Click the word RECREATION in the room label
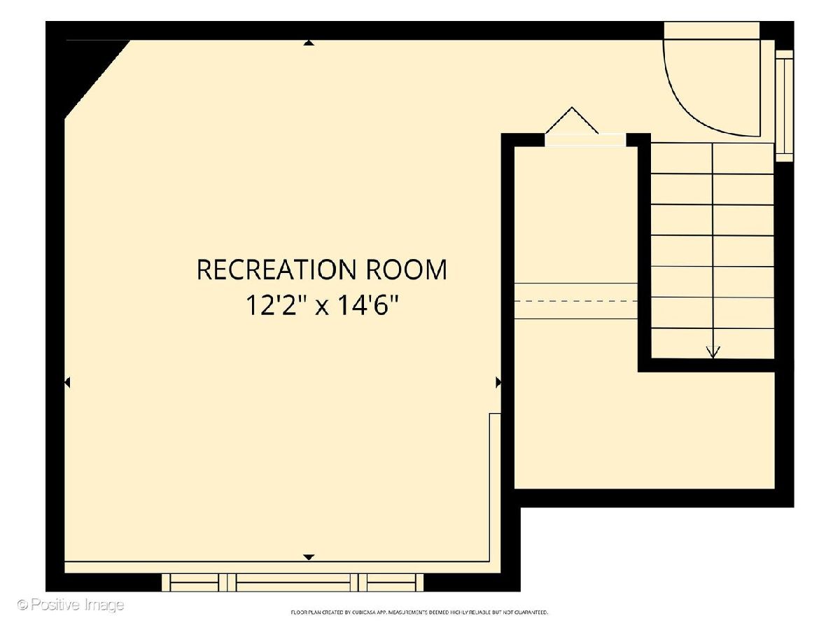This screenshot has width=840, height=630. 276,269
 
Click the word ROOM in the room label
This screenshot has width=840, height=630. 407,269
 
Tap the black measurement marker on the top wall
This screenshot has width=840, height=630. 309,43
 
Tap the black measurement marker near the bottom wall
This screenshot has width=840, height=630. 309,557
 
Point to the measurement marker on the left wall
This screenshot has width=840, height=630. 67,382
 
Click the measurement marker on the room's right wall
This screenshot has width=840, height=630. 498,382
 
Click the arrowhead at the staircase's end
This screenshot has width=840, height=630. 713,352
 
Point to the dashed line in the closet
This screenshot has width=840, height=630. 575,301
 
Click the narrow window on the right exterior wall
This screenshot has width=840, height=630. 784,106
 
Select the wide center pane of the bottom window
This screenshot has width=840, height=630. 293,582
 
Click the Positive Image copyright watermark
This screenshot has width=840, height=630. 71,605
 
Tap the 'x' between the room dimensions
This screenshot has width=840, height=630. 321,307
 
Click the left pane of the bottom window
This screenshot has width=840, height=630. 195,582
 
